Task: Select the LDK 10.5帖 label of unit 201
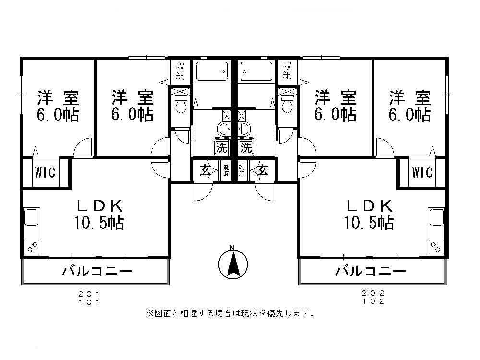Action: (x=100, y=215)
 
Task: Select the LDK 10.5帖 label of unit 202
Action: (x=370, y=215)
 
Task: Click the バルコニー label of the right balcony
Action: (x=370, y=272)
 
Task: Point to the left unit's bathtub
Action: (x=211, y=72)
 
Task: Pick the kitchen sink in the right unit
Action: (x=436, y=217)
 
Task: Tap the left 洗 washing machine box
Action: (x=221, y=147)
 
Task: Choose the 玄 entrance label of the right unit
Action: (x=263, y=170)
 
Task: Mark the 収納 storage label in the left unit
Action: (x=180, y=71)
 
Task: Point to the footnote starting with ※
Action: (x=230, y=314)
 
